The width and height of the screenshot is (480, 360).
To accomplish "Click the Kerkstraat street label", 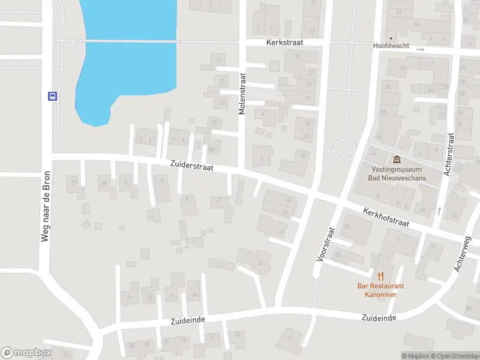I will [285, 43].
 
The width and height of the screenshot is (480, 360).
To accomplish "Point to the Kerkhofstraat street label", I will [386, 217].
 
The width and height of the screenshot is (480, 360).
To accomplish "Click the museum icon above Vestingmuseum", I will [396, 160].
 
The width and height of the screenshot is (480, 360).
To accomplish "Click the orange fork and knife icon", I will [380, 275].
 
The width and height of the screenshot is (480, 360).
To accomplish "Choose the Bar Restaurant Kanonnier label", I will [380, 290].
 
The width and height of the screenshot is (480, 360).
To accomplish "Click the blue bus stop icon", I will [52, 96].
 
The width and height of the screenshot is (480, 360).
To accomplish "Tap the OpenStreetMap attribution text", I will [455, 356].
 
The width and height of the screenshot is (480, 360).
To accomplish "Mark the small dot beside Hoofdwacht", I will [391, 38].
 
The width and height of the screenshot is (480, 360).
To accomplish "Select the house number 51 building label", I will [260, 263].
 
